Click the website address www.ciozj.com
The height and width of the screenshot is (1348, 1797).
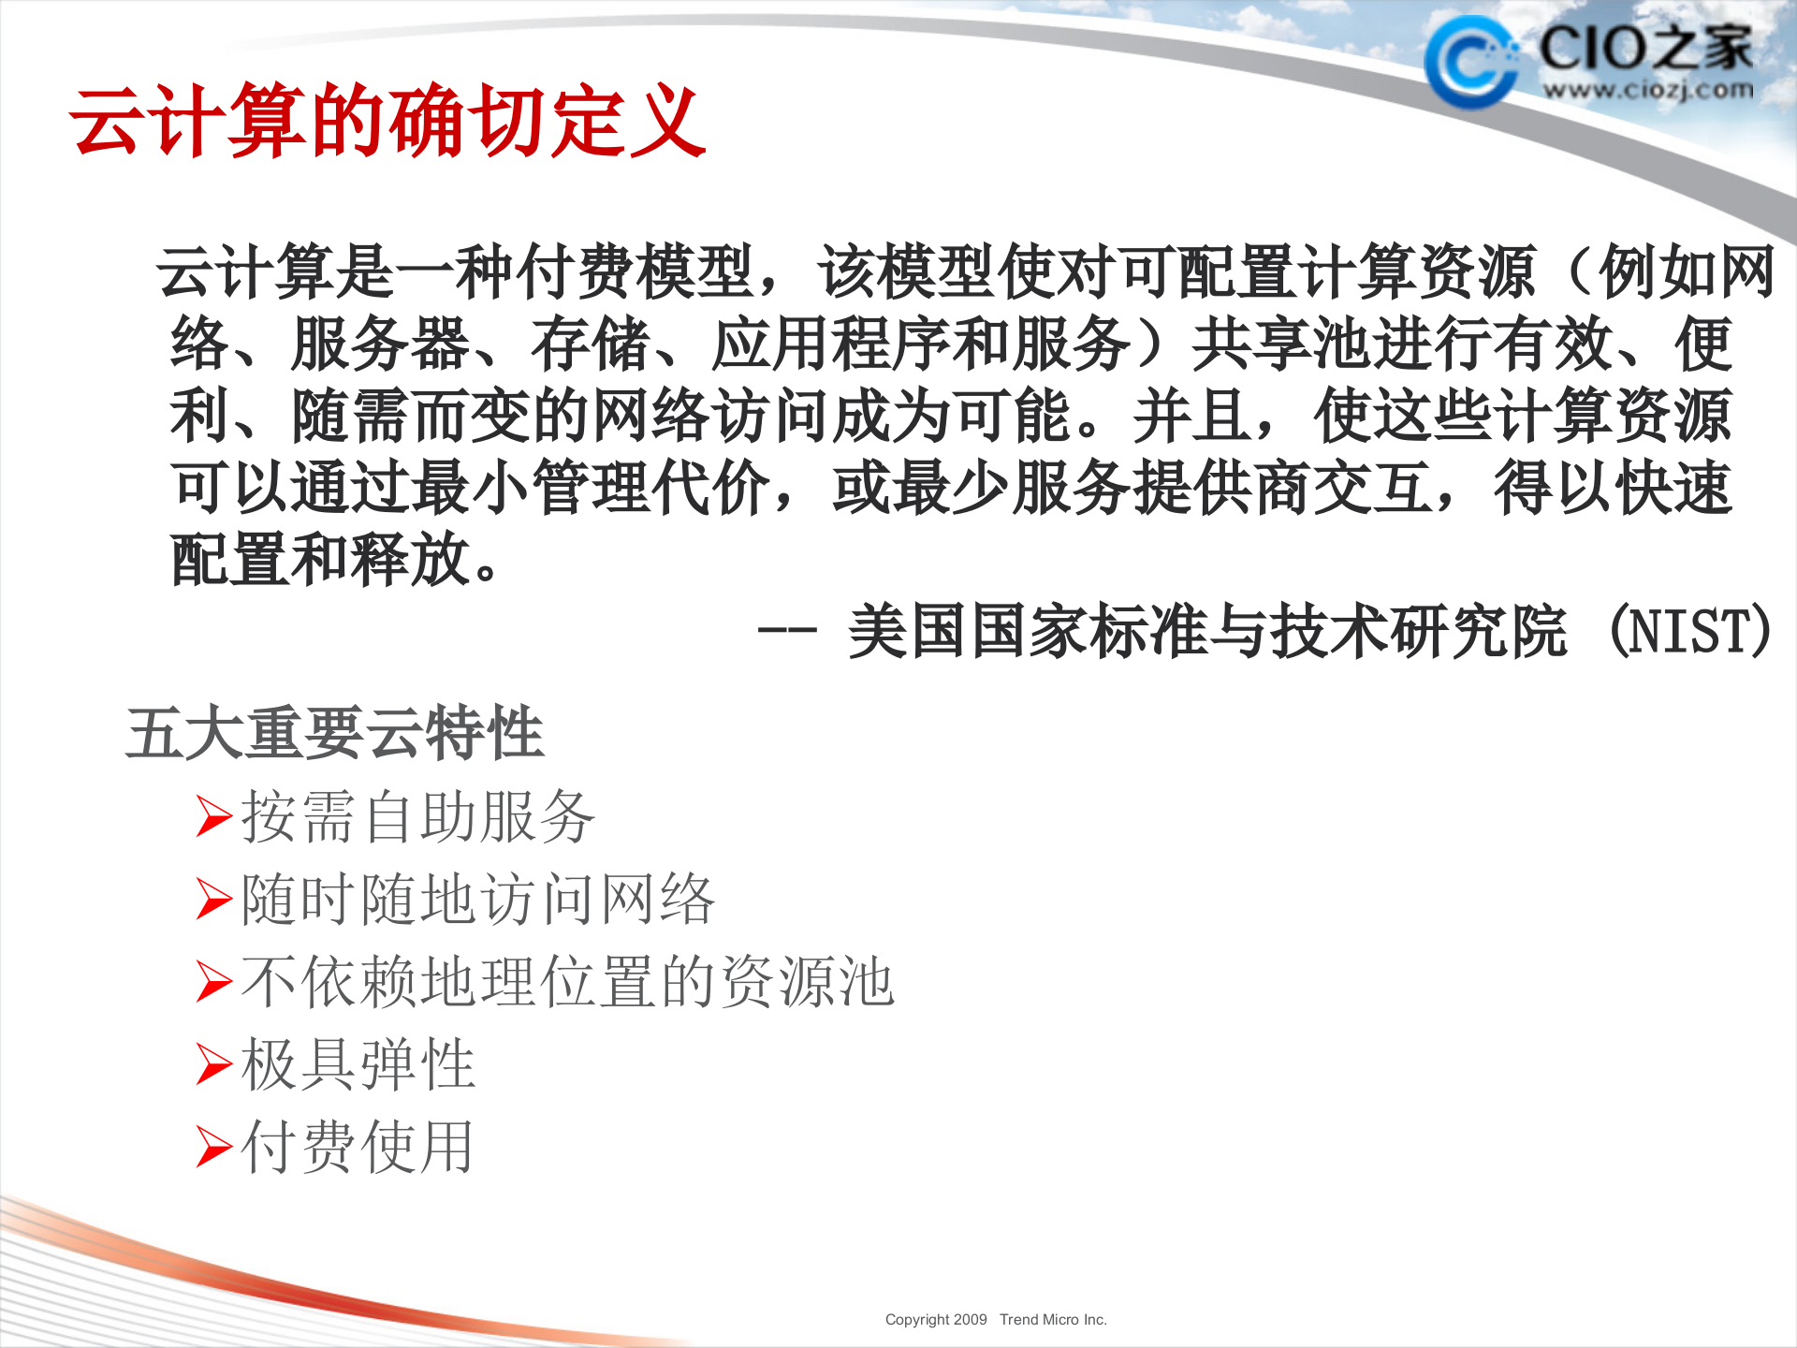(x=1647, y=91)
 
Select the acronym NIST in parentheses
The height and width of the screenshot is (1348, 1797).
(x=1690, y=631)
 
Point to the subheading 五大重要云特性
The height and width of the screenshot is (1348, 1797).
(x=334, y=732)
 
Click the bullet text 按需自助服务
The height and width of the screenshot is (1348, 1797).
(x=417, y=817)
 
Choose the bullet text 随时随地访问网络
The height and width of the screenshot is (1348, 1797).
(x=477, y=900)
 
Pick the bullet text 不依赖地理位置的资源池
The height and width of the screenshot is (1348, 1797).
(x=567, y=982)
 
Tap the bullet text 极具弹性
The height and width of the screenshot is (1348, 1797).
(x=358, y=1064)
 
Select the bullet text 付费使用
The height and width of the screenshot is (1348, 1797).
(x=357, y=1147)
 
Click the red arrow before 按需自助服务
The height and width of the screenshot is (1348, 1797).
(x=213, y=816)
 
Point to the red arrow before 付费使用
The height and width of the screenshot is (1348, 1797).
(x=213, y=1147)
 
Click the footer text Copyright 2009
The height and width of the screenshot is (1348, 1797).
(x=936, y=1320)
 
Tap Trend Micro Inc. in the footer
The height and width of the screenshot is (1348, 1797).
(x=1053, y=1320)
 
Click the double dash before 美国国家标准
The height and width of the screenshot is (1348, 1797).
(x=786, y=631)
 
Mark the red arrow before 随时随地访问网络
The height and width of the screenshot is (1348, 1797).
(x=213, y=900)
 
